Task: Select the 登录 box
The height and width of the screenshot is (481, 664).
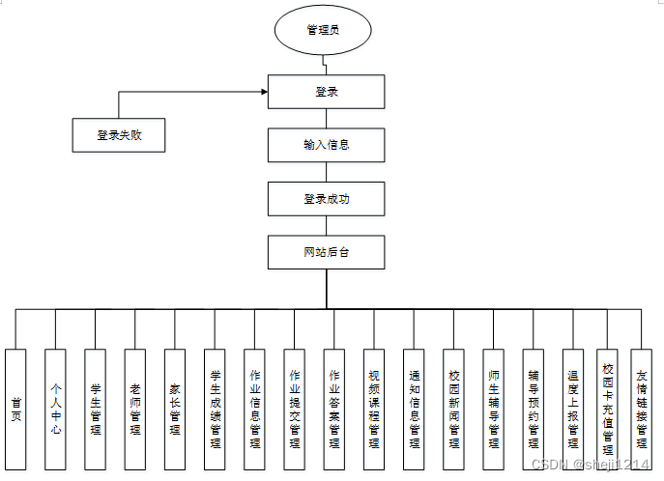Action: [x=326, y=93]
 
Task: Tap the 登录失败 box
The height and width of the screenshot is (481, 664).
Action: [x=119, y=135]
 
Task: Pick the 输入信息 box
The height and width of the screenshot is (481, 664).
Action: [x=326, y=145]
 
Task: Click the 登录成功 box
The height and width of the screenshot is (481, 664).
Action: [x=326, y=198]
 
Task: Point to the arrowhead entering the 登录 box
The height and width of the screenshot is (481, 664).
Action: [x=263, y=93]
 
